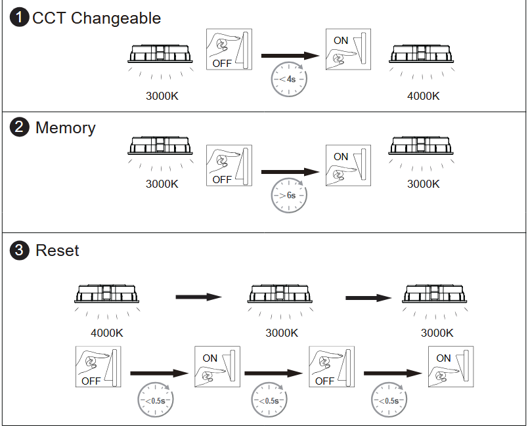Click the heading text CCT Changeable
[x=96, y=18]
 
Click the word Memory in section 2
[x=65, y=127]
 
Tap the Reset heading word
[x=57, y=250]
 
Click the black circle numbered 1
[x=20, y=18]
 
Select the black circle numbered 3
[x=20, y=250]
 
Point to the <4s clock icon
[x=289, y=80]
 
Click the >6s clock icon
[x=289, y=195]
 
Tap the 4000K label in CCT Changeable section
[x=423, y=96]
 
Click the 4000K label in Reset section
[x=106, y=333]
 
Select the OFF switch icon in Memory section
[x=229, y=165]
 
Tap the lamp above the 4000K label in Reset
[x=106, y=295]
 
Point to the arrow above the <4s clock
[x=290, y=57]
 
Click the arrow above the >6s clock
[x=290, y=172]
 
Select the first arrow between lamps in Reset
[x=199, y=297]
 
